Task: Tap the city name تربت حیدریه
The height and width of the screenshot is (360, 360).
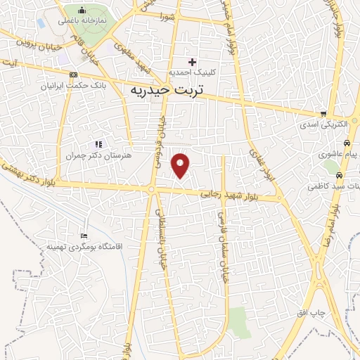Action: click(166, 91)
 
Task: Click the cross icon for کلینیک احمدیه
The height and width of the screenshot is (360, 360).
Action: click(192, 62)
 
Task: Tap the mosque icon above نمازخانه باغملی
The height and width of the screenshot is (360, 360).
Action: click(82, 11)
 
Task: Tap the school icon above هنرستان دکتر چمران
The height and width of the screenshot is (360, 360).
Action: click(98, 144)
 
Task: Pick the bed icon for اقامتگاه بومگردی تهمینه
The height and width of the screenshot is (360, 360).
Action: click(84, 236)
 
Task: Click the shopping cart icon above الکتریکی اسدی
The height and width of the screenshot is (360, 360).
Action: click(323, 114)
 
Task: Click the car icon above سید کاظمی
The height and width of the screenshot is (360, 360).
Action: click(340, 176)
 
